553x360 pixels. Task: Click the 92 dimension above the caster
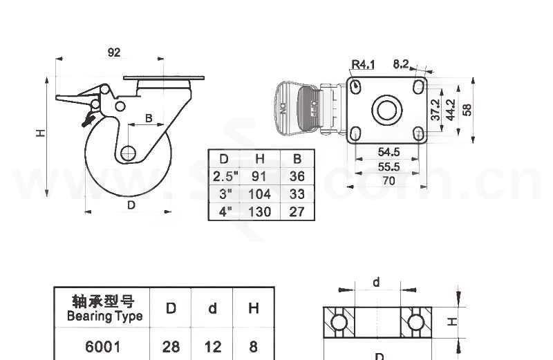coord(114,52)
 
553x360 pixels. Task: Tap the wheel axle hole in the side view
coord(128,153)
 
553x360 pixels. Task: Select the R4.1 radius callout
coord(362,65)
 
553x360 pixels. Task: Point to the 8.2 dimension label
coord(401,64)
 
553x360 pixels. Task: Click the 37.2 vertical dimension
coord(435,109)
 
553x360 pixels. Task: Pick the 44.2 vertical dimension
coord(450,109)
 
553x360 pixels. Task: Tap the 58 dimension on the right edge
coord(467,109)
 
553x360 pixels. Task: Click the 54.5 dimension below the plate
coord(388,151)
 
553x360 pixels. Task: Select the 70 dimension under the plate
coord(388,181)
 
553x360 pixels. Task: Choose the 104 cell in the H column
coord(260,194)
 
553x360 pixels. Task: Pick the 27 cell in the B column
coord(297,211)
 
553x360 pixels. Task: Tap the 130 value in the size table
coord(260,211)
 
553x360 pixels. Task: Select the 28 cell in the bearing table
coord(171,345)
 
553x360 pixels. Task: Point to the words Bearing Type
coord(104,316)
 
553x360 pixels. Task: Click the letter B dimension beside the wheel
coord(149,118)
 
